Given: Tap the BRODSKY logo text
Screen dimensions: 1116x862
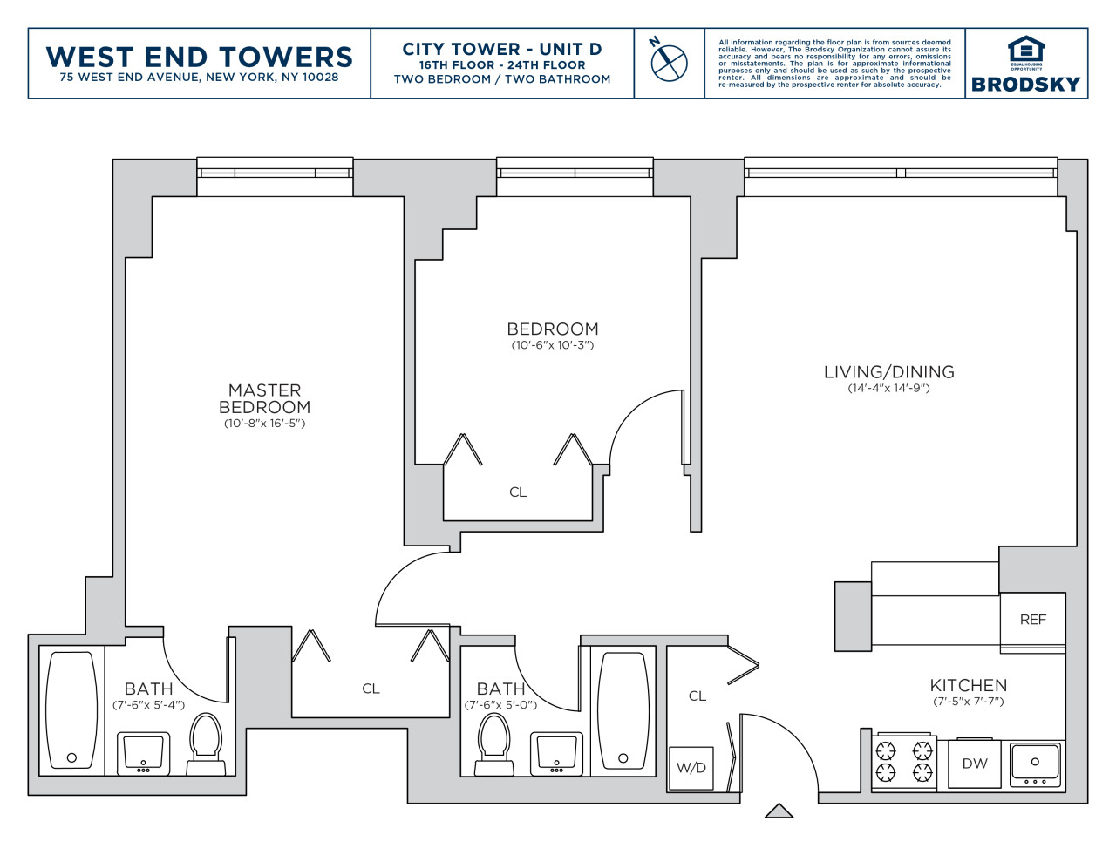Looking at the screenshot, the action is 1025,85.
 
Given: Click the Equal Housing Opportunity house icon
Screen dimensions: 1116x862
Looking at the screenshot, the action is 1026,51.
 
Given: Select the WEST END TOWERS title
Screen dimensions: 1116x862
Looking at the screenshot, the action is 200,57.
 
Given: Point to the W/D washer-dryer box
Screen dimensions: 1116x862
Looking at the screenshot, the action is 691,768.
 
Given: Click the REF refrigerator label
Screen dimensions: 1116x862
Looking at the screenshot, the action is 1033,620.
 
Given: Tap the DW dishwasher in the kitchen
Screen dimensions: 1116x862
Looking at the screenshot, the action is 974,764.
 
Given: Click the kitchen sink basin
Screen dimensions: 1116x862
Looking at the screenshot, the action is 1035,764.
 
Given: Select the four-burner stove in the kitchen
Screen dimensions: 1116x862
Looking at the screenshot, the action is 904,762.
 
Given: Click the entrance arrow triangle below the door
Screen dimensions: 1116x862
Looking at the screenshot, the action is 779,811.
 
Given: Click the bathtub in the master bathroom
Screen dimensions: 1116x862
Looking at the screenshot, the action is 71,710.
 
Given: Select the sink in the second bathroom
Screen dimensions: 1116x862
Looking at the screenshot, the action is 557,754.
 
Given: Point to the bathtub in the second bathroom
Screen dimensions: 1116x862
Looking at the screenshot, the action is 623,710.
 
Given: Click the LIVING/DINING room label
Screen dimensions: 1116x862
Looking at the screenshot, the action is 889,371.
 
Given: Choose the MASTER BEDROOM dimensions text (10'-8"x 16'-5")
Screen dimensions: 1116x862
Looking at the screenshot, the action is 264,424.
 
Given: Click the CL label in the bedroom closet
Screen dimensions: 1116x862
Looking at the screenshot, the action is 518,492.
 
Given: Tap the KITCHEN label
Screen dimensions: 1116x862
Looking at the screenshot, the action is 968,685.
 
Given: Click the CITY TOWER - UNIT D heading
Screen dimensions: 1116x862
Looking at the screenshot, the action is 501,50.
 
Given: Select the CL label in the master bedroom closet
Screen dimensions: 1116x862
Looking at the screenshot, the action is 371,689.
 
